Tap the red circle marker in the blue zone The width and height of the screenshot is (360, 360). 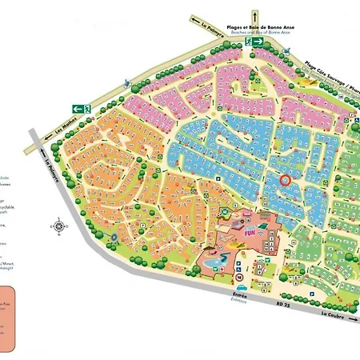click(287, 180)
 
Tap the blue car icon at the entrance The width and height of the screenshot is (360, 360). click(240, 286)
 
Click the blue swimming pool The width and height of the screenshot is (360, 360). click(214, 262)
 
